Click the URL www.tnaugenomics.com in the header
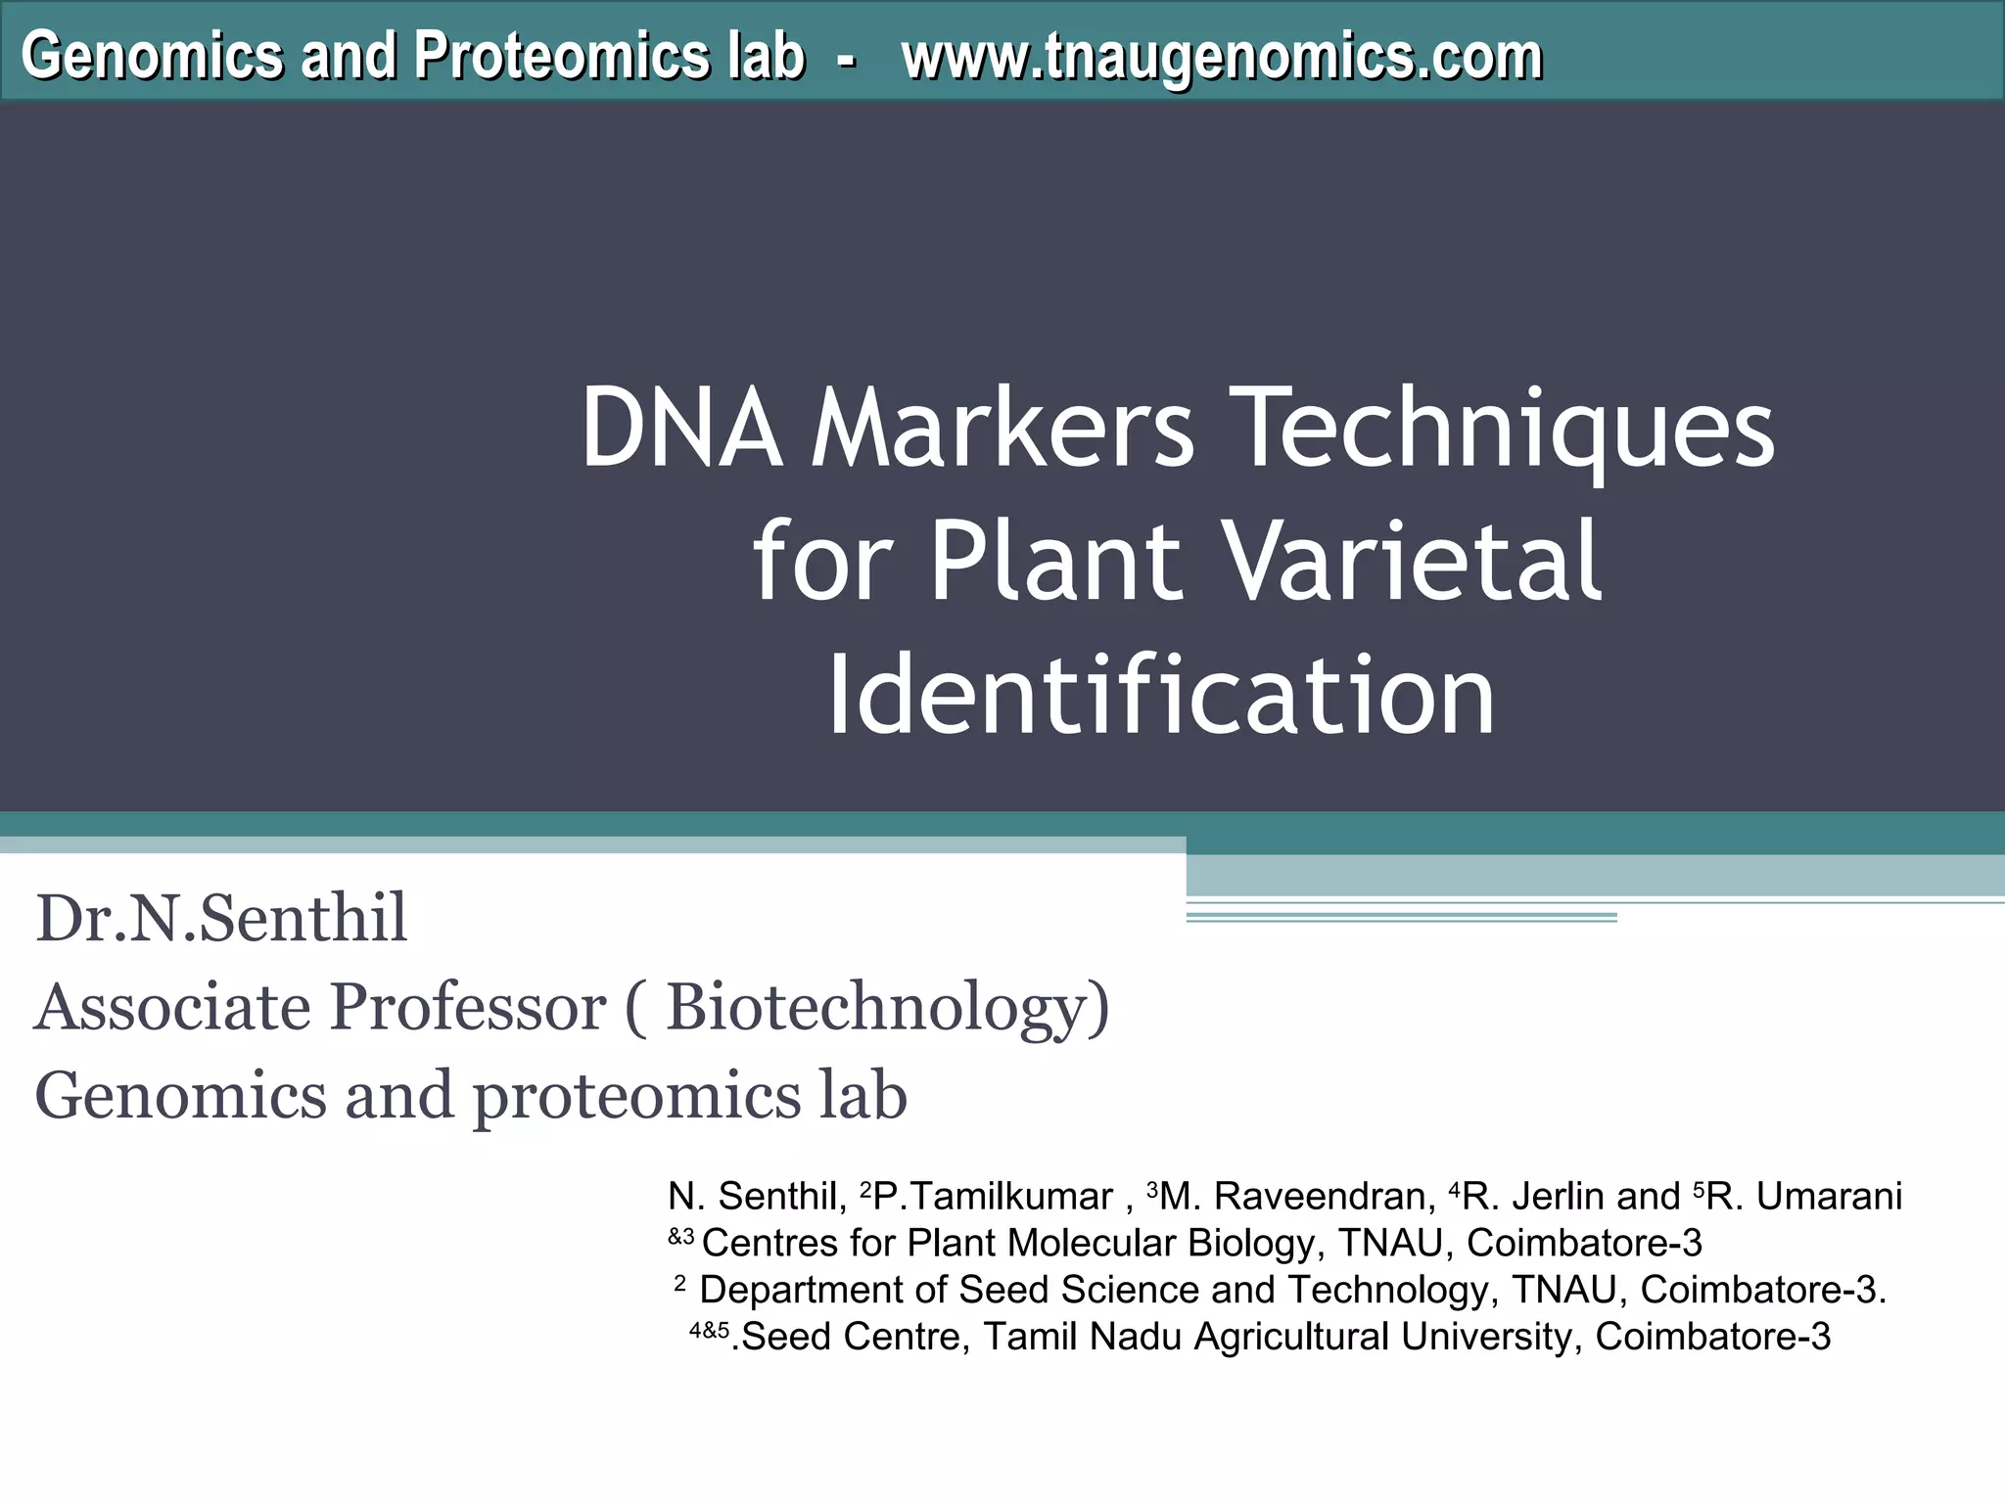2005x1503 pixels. (1222, 57)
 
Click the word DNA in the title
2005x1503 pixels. (681, 429)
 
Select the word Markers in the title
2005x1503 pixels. (1003, 429)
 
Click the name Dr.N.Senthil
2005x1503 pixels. (221, 919)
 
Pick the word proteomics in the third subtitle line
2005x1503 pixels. (637, 1096)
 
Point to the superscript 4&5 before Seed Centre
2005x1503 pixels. (710, 1331)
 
